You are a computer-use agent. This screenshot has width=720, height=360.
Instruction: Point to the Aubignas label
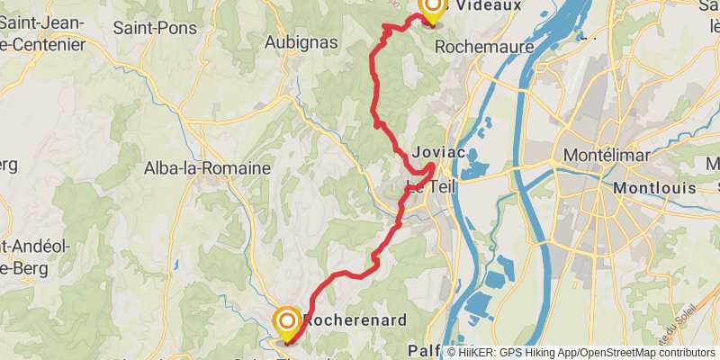click(301, 41)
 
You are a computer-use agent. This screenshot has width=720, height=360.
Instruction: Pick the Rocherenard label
click(356, 319)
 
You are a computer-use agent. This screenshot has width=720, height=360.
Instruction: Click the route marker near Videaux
click(432, 9)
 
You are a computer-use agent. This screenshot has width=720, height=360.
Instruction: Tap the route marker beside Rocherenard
click(287, 322)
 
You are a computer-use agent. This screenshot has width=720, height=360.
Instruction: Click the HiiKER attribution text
click(481, 353)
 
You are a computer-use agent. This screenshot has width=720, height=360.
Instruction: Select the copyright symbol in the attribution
click(453, 353)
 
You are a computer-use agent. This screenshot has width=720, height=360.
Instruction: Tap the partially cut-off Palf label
click(424, 349)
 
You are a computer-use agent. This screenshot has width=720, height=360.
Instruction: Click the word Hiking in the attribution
click(537, 353)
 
